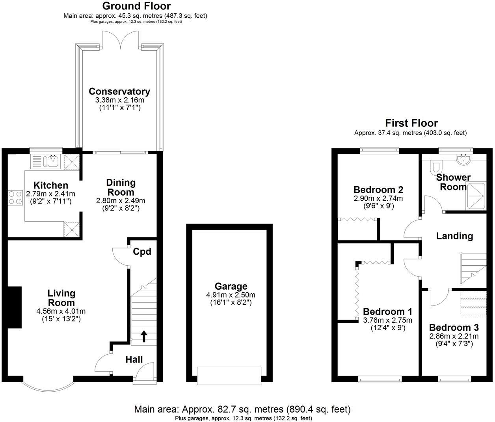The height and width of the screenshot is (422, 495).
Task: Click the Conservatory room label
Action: tap(119, 92)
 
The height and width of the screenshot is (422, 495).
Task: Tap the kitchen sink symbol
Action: tap(51, 161)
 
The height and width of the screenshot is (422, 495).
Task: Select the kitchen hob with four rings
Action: tap(15, 197)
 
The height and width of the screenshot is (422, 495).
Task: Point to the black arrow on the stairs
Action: tap(144, 336)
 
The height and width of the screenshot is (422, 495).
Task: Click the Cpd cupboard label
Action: tap(142, 252)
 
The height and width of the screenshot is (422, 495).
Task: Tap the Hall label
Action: tap(134, 359)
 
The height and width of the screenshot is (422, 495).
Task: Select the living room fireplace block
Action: tap(15, 307)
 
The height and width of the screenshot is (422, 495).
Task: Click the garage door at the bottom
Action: tap(229, 376)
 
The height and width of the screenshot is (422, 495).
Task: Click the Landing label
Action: tap(454, 236)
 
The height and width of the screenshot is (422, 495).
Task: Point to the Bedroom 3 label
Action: tap(454, 328)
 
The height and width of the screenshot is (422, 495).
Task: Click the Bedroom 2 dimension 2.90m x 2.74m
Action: tap(378, 198)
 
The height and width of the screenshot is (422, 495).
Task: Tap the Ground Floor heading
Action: tap(136, 6)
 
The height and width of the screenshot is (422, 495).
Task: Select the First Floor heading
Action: tap(411, 123)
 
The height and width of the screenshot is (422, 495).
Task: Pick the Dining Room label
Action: tap(121, 187)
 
